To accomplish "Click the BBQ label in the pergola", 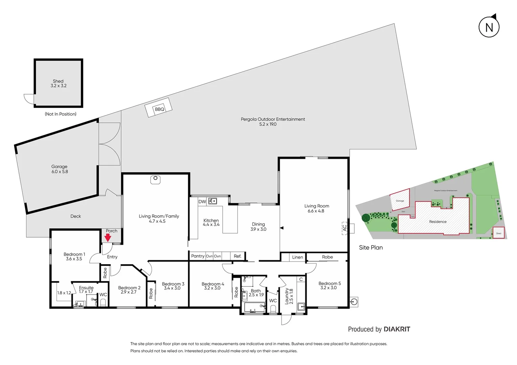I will coord(159,109).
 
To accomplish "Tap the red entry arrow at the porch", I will coord(108,238).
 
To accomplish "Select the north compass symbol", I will coord(489,27).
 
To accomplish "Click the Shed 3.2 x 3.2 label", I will coord(59,83).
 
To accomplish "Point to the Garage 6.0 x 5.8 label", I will coord(60,169).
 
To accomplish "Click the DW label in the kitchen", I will coord(202,202).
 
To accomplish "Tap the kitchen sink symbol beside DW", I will coord(212,201).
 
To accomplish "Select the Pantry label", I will coord(198,256).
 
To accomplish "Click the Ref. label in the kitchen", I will coord(238,256).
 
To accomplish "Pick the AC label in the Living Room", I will coord(344,228).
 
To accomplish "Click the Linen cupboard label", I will coord(297,257).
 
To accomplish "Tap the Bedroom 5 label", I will coord(330,286).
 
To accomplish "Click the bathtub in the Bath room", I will coord(254,308).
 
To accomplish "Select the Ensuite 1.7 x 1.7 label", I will coord(86,290).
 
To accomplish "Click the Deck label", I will coord(75,216).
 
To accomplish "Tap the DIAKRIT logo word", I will coord(397,329).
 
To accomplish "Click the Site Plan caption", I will coord(371,247).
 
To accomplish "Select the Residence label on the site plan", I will coord(438,222).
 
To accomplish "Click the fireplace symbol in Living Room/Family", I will coord(155,179).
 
